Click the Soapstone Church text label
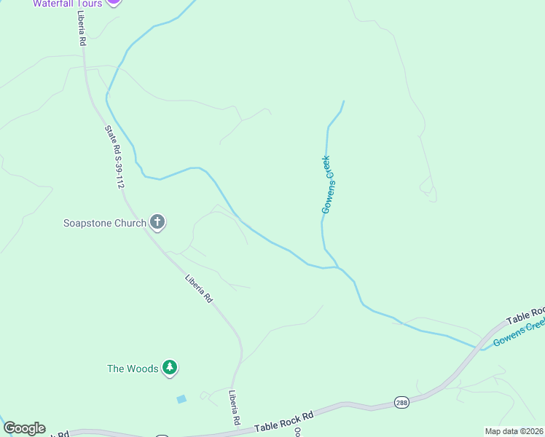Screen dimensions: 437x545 click(105, 223)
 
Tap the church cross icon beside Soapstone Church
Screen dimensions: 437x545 click(157, 222)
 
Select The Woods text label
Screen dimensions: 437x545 click(133, 369)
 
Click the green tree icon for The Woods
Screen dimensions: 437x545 click(170, 368)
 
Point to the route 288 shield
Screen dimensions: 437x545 click(401, 402)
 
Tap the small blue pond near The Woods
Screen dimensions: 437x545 click(181, 399)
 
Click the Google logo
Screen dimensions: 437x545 click(24, 428)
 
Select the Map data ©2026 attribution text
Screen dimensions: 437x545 click(514, 431)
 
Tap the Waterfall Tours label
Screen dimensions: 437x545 click(67, 4)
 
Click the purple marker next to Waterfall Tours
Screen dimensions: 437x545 click(113, 2)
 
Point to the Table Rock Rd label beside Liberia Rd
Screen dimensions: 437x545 click(283, 422)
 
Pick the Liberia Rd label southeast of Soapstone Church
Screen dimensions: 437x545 click(198, 288)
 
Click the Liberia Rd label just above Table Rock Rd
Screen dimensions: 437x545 click(235, 407)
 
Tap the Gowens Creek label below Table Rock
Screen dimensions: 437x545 click(518, 331)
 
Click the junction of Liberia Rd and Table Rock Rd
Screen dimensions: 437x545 click(232, 433)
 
